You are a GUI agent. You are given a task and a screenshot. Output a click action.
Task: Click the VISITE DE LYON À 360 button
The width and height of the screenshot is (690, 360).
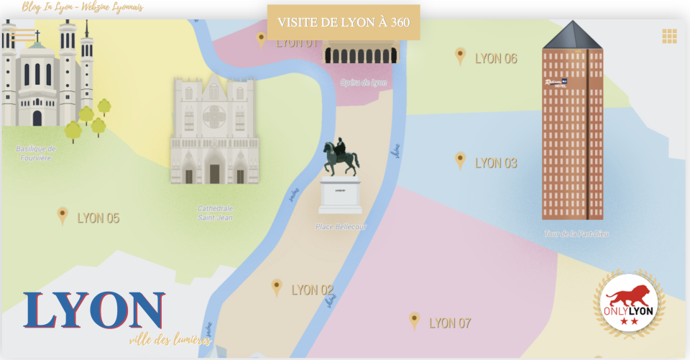point(344,22)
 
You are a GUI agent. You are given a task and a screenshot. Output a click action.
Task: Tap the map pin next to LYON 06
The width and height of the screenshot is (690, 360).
point(460,56)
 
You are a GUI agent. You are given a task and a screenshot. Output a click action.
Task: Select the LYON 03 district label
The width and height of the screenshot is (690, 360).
point(496,163)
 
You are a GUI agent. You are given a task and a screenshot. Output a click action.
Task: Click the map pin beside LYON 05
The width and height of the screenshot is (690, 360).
point(63,215)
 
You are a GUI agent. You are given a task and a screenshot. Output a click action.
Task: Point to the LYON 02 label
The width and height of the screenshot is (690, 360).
point(312,290)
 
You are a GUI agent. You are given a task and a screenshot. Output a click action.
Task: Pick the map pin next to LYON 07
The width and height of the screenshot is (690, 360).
point(414,320)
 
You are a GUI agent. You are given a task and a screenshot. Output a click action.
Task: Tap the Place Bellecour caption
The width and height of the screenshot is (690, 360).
point(341,227)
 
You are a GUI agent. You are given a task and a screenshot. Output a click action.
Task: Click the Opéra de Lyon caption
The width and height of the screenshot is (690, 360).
point(363,83)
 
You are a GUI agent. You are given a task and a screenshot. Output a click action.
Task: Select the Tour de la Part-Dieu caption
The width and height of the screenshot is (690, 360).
point(576,234)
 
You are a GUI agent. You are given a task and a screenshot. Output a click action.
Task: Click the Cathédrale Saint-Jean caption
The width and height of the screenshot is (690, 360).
point(215,213)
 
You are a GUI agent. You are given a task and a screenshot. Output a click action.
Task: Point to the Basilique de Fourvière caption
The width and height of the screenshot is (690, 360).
point(36,153)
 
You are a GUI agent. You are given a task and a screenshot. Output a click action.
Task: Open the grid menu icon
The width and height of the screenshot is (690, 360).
point(669,36)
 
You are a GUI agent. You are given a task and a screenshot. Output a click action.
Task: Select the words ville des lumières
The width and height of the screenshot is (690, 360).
point(170,340)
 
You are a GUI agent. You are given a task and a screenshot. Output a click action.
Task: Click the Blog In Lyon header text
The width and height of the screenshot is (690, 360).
point(83,7)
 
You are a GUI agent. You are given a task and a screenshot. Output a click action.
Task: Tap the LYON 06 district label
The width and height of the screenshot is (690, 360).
point(496,59)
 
